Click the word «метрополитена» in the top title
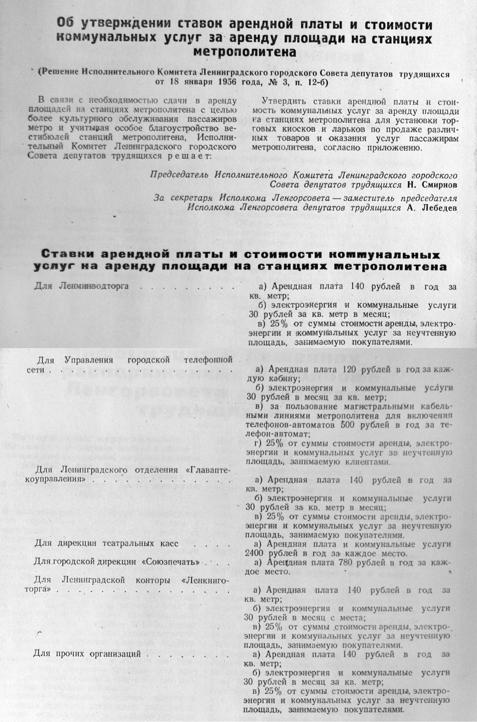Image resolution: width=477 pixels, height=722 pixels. click(x=244, y=51)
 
